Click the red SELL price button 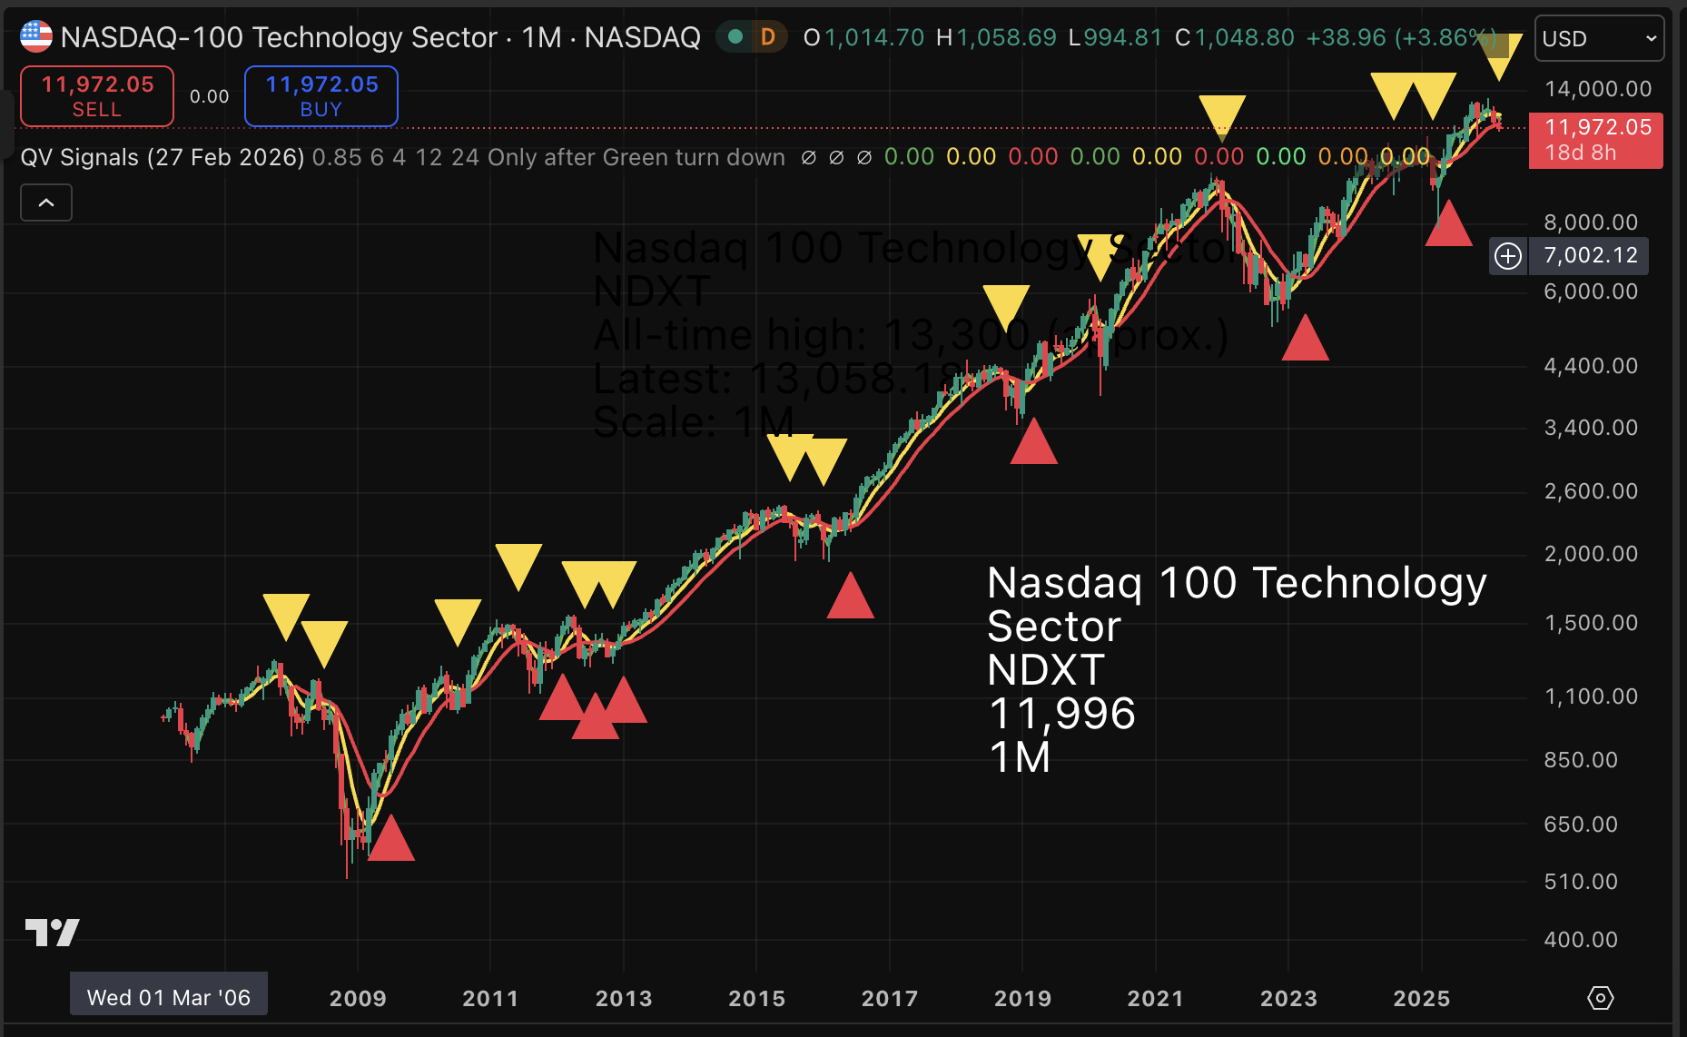97,96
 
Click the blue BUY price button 321,96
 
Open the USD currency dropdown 1599,38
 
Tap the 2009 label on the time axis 358,998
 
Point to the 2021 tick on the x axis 1155,998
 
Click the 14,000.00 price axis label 1597,89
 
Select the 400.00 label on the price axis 1581,940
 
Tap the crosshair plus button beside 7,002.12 1508,256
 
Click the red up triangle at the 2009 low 391,840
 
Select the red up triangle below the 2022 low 1305,340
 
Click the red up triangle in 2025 1448,225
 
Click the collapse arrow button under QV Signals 46,202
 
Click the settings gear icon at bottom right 1600,998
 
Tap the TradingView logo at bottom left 52,932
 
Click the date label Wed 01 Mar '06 169,997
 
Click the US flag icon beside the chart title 36,37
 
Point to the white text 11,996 1061,714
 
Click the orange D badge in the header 768,37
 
